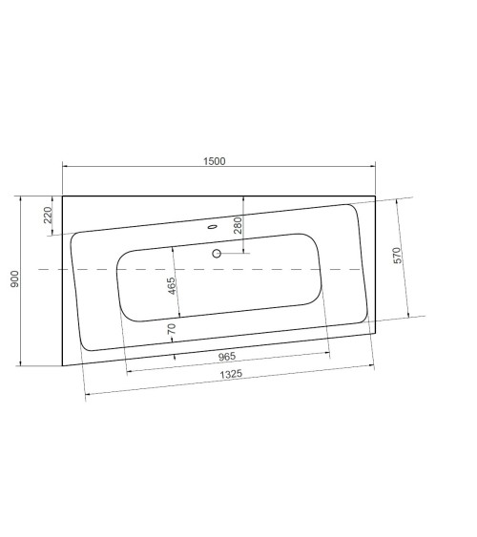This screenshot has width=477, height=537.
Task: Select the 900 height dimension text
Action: point(14,279)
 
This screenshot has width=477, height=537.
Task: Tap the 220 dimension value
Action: point(49,216)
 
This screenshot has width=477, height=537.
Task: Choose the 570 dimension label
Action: point(398,256)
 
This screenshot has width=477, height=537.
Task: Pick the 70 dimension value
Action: point(173,328)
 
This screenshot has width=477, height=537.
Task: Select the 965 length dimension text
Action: point(228,356)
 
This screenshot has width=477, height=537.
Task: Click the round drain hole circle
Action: point(217,254)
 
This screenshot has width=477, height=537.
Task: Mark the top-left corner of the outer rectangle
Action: point(63,196)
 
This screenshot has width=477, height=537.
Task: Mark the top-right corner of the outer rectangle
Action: point(376,196)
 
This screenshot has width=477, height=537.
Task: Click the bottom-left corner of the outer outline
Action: point(63,366)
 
